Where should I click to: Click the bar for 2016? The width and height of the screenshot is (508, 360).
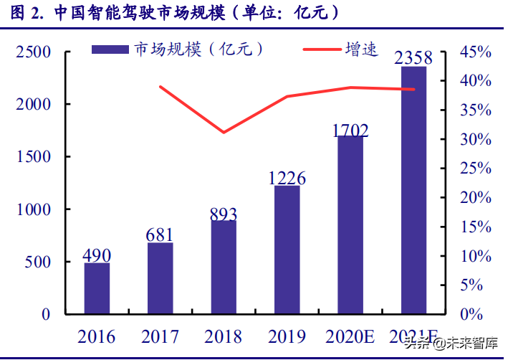tap(97, 288)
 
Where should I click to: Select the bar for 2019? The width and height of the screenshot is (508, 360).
tap(287, 250)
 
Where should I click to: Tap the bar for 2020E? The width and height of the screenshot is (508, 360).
tap(350, 224)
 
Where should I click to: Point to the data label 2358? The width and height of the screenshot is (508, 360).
tap(413, 57)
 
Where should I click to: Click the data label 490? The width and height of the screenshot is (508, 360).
tap(97, 255)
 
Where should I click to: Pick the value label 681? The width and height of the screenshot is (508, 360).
tap(160, 235)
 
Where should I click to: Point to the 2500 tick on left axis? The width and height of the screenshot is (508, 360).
tap(34, 52)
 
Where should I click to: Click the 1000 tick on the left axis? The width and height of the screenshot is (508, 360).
tap(34, 209)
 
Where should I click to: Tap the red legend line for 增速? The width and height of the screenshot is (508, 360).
tap(327, 49)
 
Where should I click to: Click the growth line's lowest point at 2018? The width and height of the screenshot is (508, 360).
tap(224, 132)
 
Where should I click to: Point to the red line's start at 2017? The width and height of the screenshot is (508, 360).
tap(160, 87)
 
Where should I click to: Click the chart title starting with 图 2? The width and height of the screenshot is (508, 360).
tap(172, 14)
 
